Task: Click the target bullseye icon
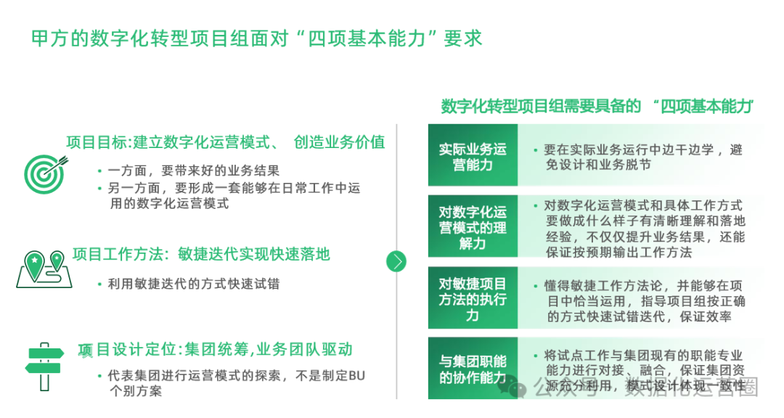click(x=42, y=171)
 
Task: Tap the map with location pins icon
click(x=42, y=266)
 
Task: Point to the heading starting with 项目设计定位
click(x=215, y=350)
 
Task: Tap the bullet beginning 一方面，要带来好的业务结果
click(x=193, y=171)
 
